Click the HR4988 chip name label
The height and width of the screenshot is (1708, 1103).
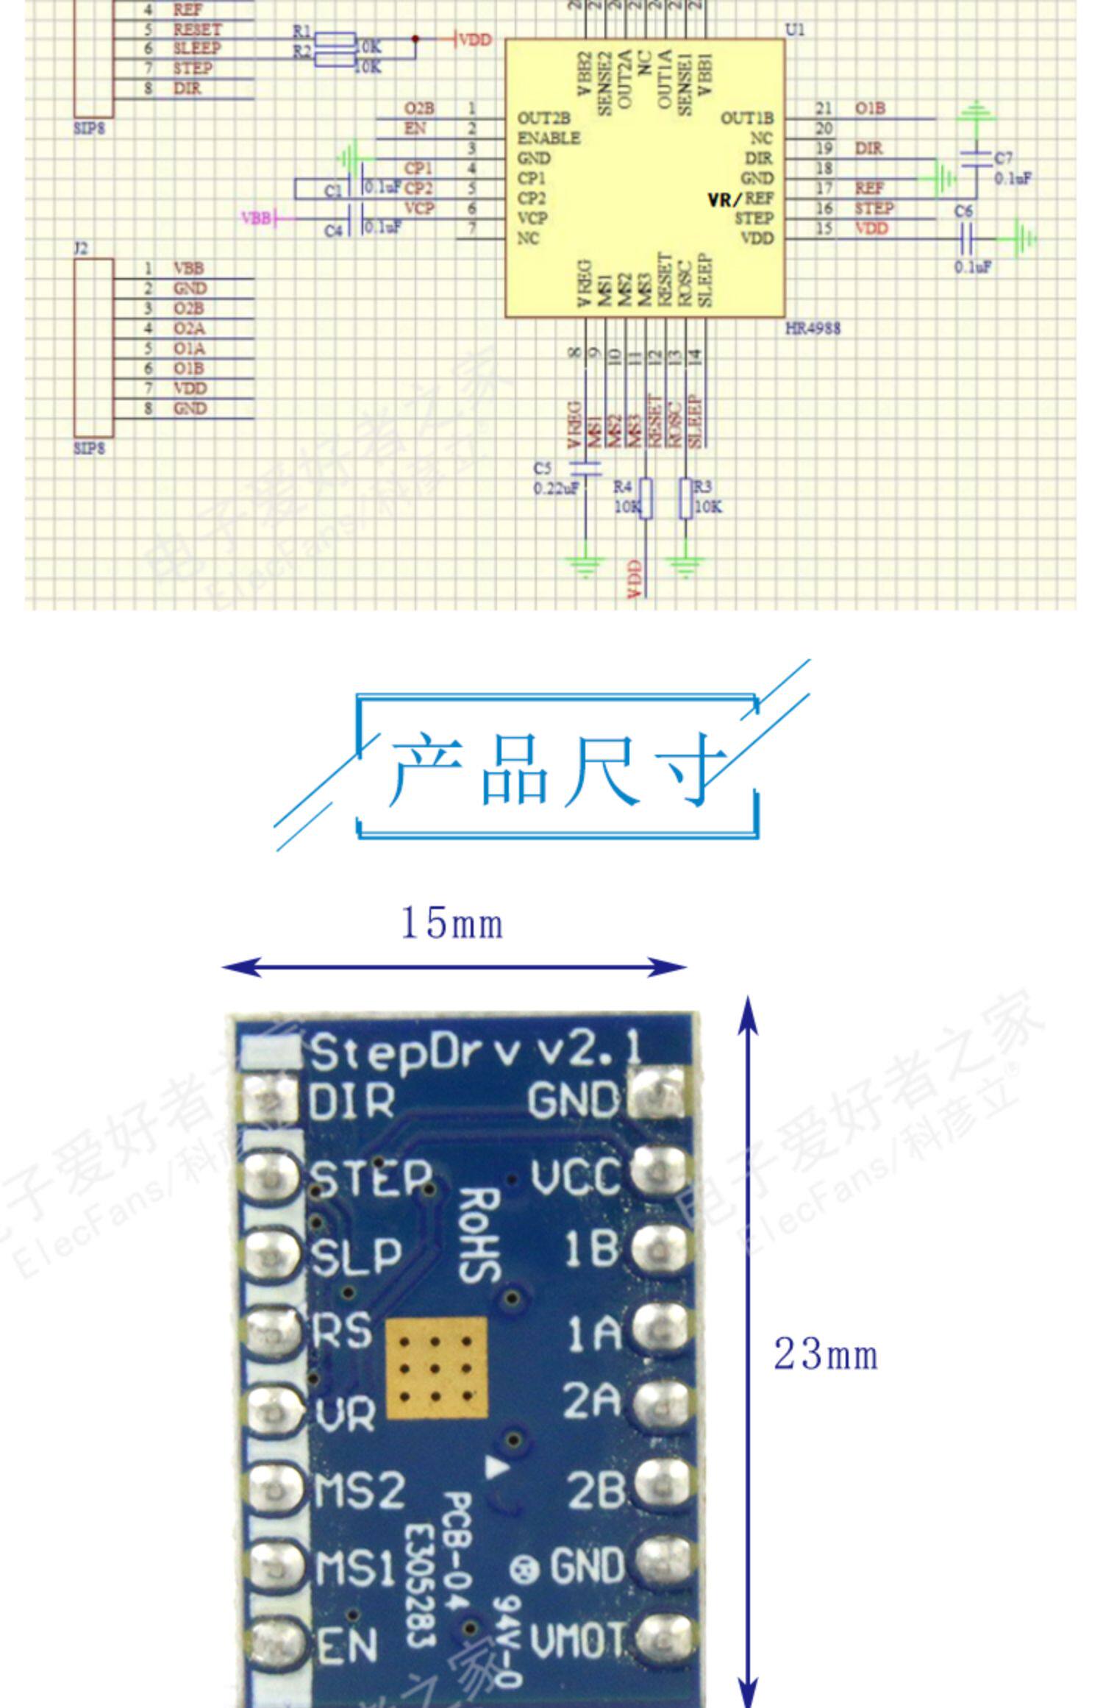click(x=812, y=328)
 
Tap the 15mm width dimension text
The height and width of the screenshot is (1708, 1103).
click(x=451, y=924)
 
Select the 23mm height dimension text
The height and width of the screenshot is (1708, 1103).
click(x=826, y=1354)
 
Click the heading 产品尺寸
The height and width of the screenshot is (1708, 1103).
click(x=557, y=768)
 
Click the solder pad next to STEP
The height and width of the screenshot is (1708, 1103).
click(x=271, y=1178)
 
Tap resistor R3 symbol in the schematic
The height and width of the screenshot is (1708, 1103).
click(x=686, y=499)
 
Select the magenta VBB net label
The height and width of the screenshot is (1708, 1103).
click(x=256, y=218)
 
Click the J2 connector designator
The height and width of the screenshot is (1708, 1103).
click(x=81, y=248)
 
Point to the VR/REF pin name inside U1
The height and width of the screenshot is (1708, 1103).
click(x=740, y=199)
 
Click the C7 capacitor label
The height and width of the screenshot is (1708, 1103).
click(x=1004, y=158)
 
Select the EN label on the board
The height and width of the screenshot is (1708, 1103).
click(x=347, y=1646)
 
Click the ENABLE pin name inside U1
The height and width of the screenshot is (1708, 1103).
click(x=549, y=138)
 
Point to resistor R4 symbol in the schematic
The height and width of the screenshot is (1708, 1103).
click(x=646, y=499)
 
